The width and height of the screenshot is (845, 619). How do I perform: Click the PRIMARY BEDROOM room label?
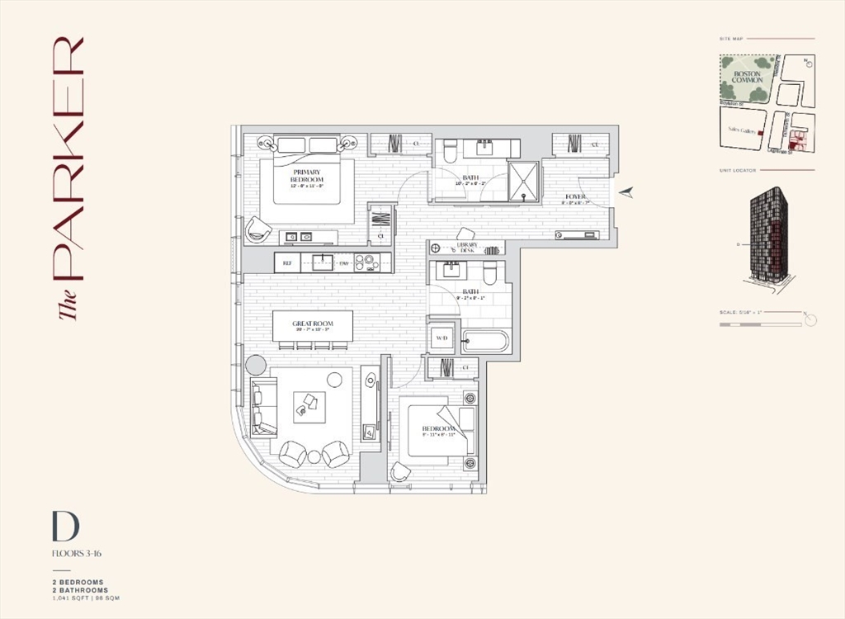306,176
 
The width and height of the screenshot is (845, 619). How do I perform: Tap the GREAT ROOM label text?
312,324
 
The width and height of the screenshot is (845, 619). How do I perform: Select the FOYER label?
574,196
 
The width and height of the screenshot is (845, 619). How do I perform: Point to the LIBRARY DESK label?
467,248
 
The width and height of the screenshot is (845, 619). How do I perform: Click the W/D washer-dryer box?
441,338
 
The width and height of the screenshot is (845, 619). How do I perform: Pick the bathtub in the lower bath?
485,340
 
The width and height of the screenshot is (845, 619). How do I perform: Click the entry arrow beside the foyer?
627,192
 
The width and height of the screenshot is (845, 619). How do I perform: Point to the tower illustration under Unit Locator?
769,235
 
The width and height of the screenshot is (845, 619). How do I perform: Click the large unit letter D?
64,527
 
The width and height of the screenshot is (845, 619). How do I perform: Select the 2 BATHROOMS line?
79,590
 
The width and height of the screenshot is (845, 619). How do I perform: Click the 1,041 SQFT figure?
68,598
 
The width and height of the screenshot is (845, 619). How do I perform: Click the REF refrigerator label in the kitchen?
287,263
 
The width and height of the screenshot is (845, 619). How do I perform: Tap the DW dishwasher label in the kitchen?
343,263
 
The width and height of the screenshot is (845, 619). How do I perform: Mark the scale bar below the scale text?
759,325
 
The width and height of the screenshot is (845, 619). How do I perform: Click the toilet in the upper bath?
451,151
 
